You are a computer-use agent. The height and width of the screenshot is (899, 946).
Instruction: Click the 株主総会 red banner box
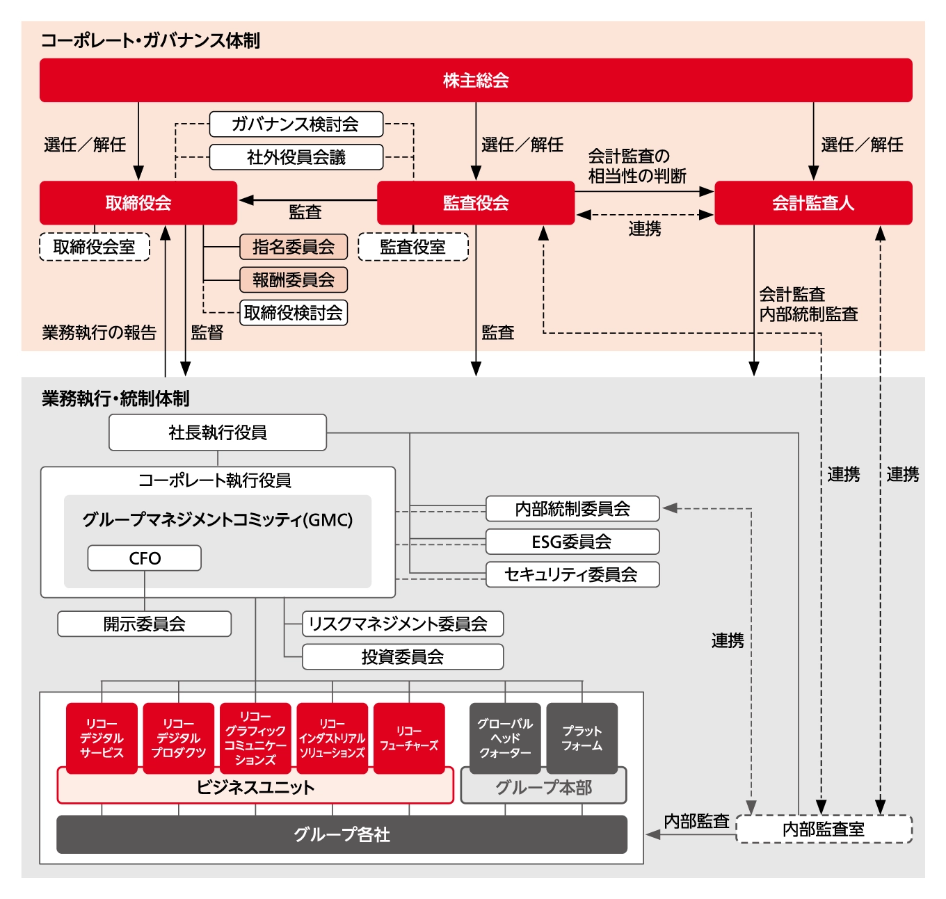(x=476, y=81)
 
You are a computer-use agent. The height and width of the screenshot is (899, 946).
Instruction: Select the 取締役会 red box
(x=138, y=203)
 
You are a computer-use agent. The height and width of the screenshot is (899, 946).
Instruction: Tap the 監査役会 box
(x=476, y=203)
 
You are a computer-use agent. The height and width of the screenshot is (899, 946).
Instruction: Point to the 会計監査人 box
(x=813, y=203)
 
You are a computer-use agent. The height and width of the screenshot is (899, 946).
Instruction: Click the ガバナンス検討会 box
(x=296, y=124)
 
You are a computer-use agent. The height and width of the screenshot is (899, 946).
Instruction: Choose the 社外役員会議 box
(x=296, y=157)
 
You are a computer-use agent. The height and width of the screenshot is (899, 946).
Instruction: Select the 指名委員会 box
(x=294, y=247)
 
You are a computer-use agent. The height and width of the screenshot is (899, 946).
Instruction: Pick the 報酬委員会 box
(x=294, y=280)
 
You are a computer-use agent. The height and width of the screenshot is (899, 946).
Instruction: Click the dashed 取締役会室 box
(x=95, y=247)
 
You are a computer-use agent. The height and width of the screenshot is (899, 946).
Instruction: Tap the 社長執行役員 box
(x=218, y=432)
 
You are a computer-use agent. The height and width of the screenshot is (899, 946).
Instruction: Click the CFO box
(x=145, y=558)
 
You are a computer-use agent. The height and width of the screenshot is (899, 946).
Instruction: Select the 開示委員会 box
(x=145, y=624)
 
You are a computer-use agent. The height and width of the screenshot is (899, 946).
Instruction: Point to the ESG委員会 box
(x=572, y=542)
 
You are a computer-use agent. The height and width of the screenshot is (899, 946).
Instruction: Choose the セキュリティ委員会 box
(x=572, y=574)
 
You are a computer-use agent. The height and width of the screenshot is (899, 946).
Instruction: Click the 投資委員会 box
(x=403, y=656)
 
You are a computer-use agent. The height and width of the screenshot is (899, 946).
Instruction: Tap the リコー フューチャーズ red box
(x=409, y=738)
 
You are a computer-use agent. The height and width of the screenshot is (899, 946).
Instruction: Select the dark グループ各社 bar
(x=342, y=834)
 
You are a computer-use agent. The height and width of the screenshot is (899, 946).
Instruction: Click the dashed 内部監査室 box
(x=824, y=829)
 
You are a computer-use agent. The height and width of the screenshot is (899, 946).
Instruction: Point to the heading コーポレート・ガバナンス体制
(x=150, y=40)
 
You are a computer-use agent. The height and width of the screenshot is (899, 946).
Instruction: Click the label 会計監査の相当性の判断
(x=636, y=166)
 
